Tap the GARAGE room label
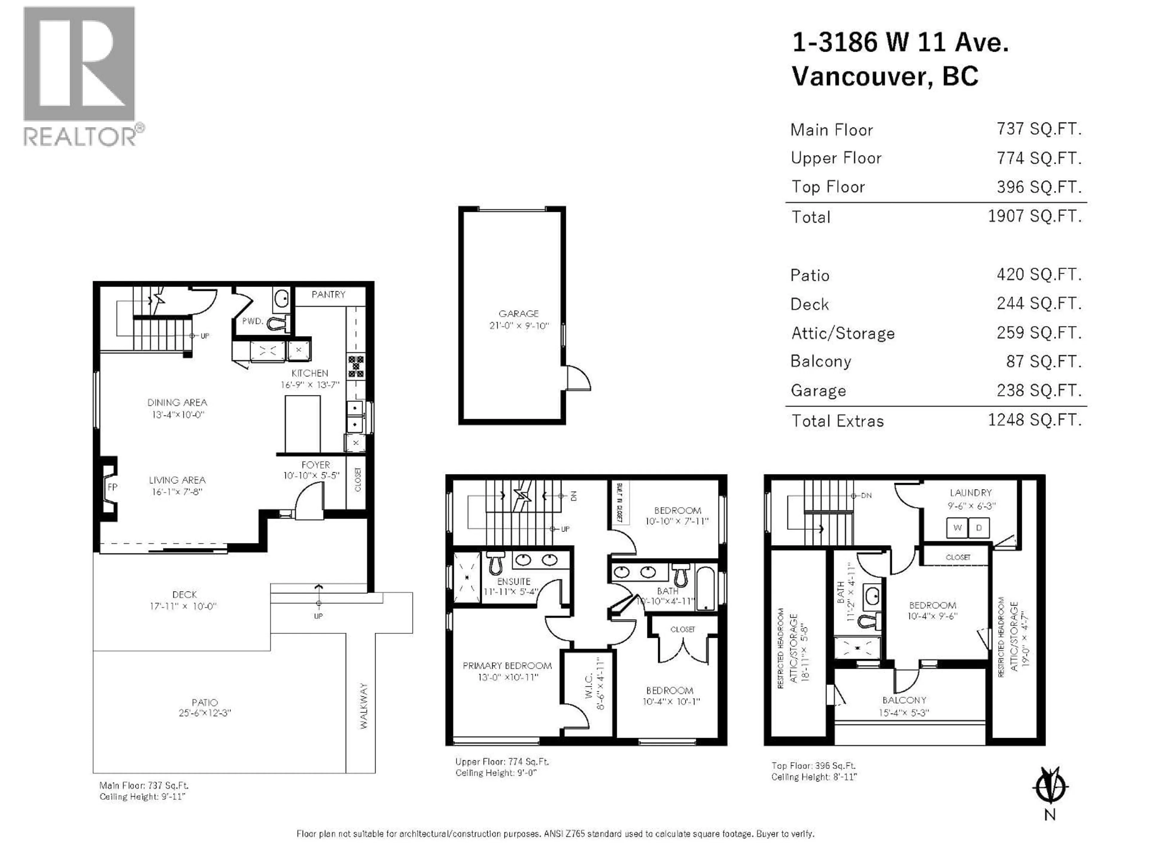tap(519, 313)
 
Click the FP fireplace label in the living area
tap(112, 487)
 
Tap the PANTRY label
tap(328, 294)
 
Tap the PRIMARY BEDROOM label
tap(507, 666)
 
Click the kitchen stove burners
tap(356, 366)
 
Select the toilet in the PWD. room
tap(276, 324)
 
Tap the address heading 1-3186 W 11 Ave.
tap(900, 42)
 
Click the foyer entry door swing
tap(309, 499)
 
